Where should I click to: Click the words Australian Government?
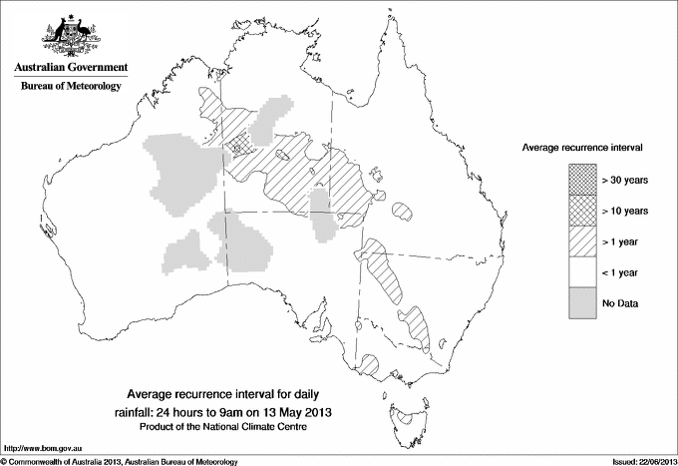coord(70,68)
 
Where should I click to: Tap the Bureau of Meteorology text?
coord(71,87)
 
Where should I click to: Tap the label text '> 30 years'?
coord(625,180)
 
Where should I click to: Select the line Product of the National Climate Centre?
coord(236,427)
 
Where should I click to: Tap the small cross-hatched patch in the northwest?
coord(238,145)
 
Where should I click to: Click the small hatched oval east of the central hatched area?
coord(403,212)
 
